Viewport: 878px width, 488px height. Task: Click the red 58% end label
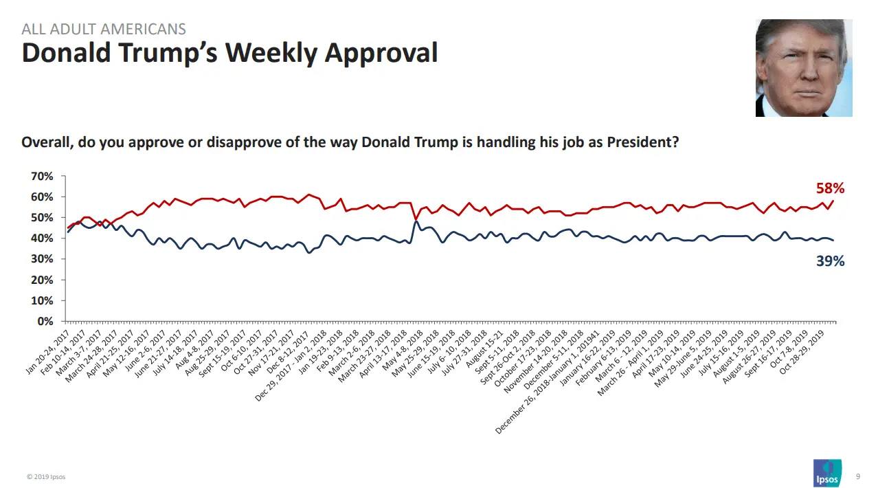830,188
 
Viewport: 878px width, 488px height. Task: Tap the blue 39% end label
830,261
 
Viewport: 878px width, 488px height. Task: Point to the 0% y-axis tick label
45,322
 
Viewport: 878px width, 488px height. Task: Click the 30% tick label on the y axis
42,259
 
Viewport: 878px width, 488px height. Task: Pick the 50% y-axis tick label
42,218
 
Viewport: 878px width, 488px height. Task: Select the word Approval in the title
381,53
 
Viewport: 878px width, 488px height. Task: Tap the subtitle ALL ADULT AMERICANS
104,29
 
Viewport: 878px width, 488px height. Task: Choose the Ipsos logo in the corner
827,474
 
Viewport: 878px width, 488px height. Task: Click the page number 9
857,476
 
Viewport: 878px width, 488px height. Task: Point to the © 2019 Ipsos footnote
46,477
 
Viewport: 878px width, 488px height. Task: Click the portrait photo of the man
803,68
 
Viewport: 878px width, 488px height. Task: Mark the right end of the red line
833,201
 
